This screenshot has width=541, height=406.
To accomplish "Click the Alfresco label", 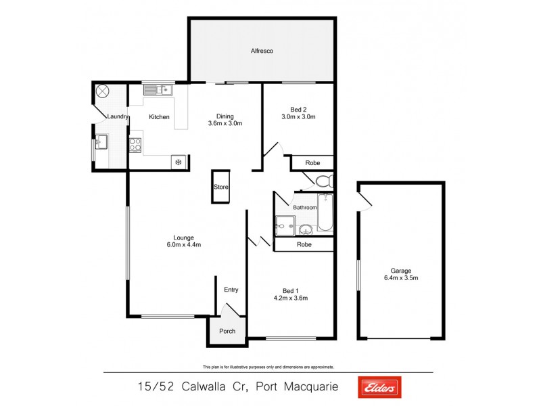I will point(261,51).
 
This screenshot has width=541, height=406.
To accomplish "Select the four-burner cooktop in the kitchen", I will point(135,143).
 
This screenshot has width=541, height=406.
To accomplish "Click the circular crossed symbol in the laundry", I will point(103,91).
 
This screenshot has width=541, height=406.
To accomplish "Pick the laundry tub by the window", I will point(101,141).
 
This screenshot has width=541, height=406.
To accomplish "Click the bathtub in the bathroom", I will point(325,212).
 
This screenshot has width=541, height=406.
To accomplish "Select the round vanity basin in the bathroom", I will point(305,229).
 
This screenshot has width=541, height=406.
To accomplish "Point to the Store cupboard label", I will point(220,187).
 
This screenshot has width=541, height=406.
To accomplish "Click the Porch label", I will point(227,331).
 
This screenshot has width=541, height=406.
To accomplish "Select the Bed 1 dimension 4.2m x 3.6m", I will point(291,297).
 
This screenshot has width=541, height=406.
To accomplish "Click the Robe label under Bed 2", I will point(312,163).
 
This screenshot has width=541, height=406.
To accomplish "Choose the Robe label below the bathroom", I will point(304,244).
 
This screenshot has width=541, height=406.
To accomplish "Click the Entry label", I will point(231,290).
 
